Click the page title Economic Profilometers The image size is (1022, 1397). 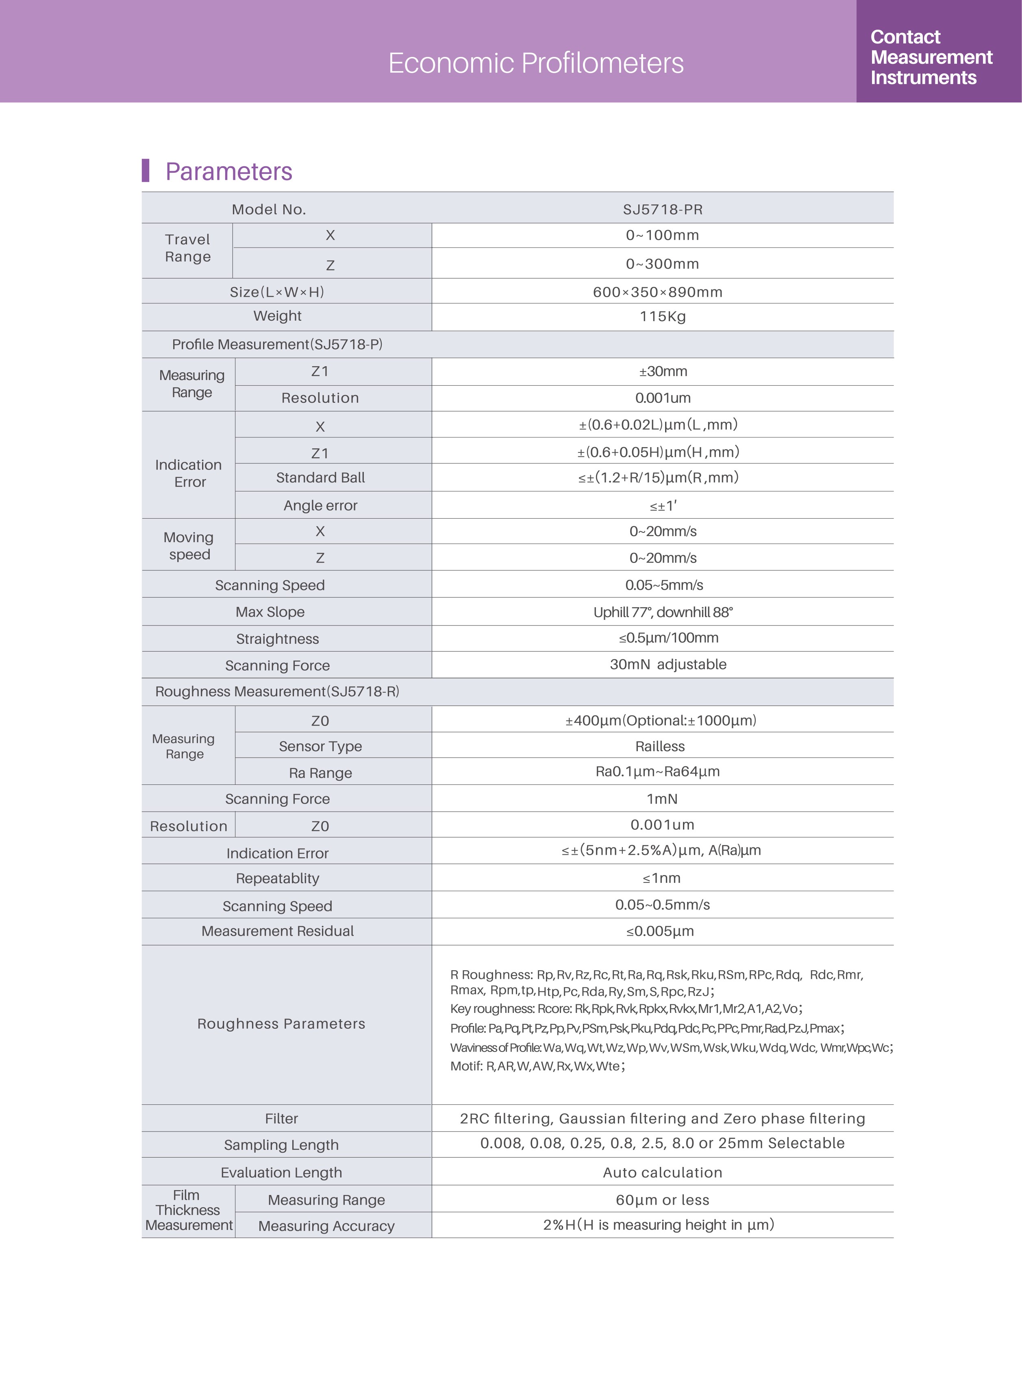(x=536, y=63)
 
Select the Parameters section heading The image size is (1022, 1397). (x=228, y=171)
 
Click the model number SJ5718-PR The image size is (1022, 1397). (x=663, y=210)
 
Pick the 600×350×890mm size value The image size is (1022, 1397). (x=658, y=292)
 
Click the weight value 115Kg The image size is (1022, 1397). (x=663, y=317)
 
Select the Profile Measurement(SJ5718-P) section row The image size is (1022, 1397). (x=277, y=344)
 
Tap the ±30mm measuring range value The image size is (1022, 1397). (x=663, y=371)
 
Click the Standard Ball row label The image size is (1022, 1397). (x=320, y=478)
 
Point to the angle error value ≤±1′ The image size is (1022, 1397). (x=663, y=506)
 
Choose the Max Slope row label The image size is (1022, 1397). (x=270, y=612)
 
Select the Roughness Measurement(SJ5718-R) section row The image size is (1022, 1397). (x=277, y=691)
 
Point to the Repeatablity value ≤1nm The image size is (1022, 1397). (x=661, y=878)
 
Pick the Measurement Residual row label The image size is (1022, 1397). (x=278, y=931)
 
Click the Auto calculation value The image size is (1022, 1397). (x=663, y=1173)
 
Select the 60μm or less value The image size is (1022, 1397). (x=663, y=1200)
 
